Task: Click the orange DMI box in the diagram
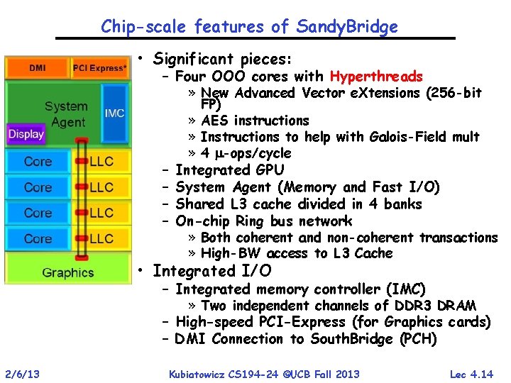(x=37, y=68)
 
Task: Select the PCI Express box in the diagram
(x=100, y=68)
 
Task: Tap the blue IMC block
(x=114, y=113)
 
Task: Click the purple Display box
(x=25, y=133)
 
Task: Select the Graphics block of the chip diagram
(x=68, y=271)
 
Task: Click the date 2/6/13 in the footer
(x=23, y=374)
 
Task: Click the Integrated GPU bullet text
(x=229, y=170)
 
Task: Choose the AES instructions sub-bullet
(x=255, y=121)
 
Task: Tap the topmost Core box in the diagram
(x=38, y=162)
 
